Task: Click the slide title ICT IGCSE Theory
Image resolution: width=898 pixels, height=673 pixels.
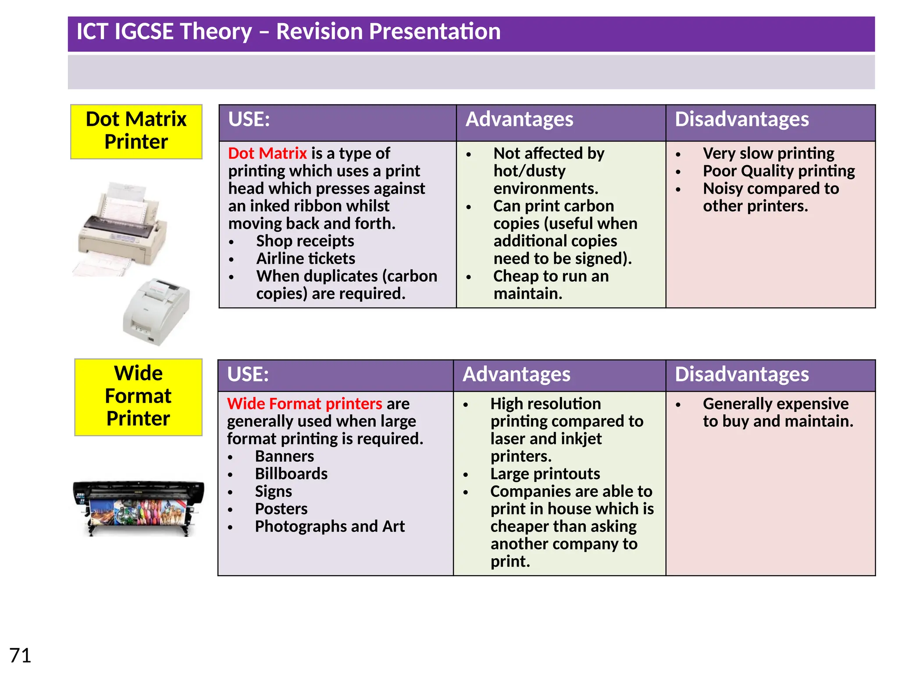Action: [x=288, y=32]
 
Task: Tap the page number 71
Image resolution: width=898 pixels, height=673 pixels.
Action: [x=20, y=655]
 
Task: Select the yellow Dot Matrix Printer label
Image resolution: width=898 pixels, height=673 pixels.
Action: [x=136, y=131]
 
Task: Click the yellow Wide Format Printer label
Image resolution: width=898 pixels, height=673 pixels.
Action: [x=138, y=396]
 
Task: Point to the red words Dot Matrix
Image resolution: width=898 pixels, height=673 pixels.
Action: [x=267, y=153]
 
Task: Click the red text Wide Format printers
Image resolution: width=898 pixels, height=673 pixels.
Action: [x=304, y=404]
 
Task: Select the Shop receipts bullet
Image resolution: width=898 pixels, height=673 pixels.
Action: [x=305, y=241]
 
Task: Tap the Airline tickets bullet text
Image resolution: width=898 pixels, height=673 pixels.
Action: [x=306, y=259]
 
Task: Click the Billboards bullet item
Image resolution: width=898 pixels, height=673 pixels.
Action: [x=291, y=474]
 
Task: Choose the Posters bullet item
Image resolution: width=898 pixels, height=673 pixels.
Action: [x=281, y=509]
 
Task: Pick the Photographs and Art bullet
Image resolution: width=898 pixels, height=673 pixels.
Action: [x=330, y=526]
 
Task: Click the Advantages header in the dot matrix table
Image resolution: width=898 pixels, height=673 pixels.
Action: [x=519, y=120]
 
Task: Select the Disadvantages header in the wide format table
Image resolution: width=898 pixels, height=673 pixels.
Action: [x=741, y=375]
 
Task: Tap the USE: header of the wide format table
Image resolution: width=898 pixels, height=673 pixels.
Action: [x=248, y=375]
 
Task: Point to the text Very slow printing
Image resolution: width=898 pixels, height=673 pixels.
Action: [x=768, y=153]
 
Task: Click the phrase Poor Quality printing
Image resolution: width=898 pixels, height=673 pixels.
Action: [x=779, y=171]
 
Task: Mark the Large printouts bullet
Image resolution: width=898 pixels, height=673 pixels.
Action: [x=545, y=474]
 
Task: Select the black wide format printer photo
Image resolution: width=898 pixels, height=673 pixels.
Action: [x=138, y=508]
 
